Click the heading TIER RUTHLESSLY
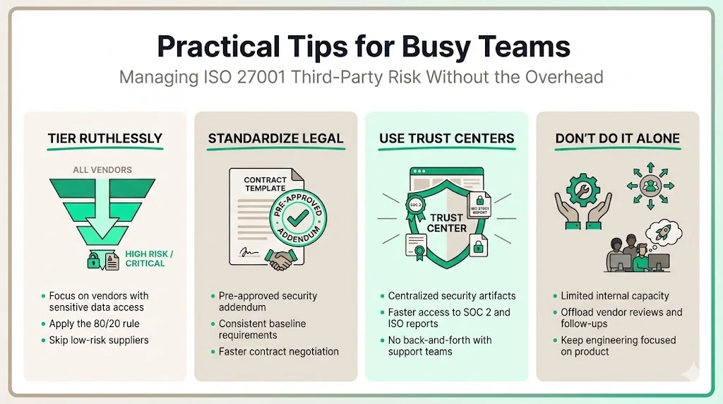[x=105, y=138]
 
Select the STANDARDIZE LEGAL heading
[x=275, y=138]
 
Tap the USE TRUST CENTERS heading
[x=446, y=138]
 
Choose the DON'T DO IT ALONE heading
[x=617, y=138]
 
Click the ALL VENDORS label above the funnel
[x=102, y=170]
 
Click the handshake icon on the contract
[x=282, y=259]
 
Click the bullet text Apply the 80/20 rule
[x=94, y=323]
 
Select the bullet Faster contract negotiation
[x=278, y=351]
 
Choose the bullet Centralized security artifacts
[x=452, y=296]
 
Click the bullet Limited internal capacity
[x=614, y=296]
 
